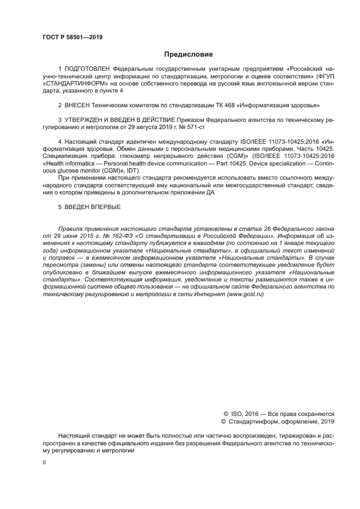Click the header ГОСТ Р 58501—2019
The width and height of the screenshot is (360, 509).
(72, 37)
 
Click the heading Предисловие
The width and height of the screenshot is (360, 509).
(188, 54)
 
